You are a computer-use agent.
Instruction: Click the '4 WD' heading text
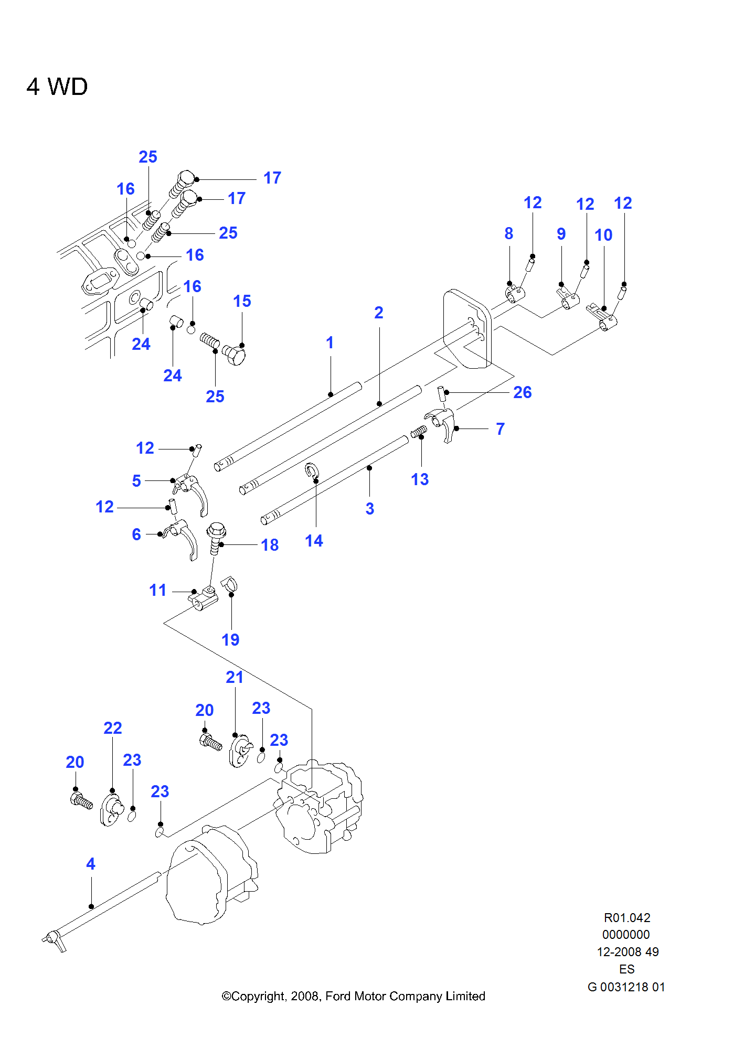(x=57, y=87)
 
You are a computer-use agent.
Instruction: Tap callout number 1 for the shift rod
(x=330, y=342)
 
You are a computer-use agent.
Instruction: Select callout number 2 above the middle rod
(x=378, y=313)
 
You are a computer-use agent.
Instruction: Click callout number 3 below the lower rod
(x=369, y=508)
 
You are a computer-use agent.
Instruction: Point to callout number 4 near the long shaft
(x=91, y=864)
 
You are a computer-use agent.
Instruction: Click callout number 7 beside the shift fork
(x=500, y=429)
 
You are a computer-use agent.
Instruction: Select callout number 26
(x=522, y=392)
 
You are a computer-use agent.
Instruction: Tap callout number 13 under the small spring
(x=419, y=479)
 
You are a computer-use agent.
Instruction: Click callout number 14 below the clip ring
(x=314, y=541)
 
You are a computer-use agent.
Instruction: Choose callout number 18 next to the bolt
(x=270, y=545)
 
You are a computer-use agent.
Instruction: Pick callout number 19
(x=230, y=640)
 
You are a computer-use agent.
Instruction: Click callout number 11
(x=157, y=590)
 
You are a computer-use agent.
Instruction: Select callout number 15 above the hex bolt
(x=242, y=301)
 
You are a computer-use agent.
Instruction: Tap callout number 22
(x=112, y=728)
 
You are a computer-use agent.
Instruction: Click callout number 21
(x=235, y=677)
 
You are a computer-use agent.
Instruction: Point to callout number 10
(x=603, y=235)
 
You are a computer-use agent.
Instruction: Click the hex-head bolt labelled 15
(x=234, y=356)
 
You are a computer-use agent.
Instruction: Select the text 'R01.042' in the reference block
(x=627, y=918)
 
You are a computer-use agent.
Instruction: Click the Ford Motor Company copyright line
(x=353, y=996)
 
